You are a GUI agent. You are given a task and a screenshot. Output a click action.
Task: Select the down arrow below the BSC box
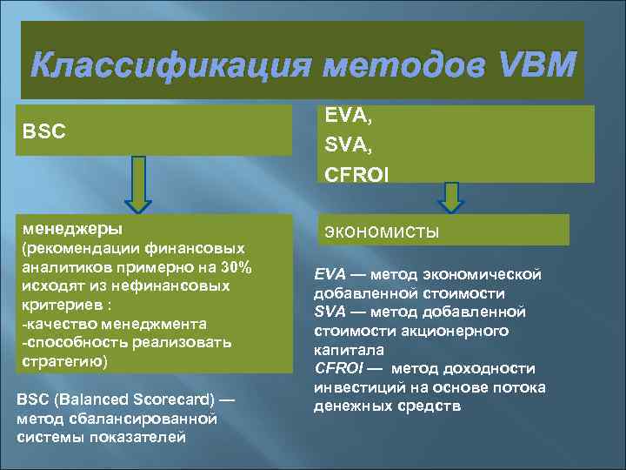[137, 185]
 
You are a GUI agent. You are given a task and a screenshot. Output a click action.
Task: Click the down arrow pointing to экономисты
[450, 198]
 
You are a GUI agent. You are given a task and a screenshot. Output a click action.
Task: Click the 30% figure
[234, 266]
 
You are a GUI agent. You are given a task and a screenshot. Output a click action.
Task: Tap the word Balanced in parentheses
[94, 399]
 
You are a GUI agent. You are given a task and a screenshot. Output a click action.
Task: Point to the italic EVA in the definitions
[329, 274]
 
